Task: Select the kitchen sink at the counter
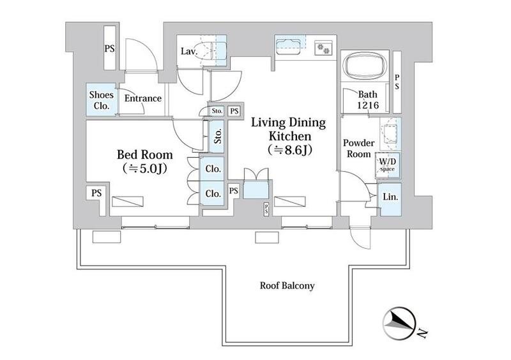pos(288,47)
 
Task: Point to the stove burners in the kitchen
pos(323,49)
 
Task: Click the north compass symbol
pos(400,323)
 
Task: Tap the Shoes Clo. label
pos(102,100)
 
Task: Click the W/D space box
pos(388,165)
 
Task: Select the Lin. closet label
pos(390,197)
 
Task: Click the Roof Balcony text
pos(287,286)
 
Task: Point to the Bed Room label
pos(145,154)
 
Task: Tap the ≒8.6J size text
pos(290,150)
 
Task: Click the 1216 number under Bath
pos(368,105)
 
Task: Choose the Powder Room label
pos(358,148)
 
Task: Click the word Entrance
pos(143,98)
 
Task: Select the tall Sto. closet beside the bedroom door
pos(217,136)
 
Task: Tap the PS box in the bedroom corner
pos(96,193)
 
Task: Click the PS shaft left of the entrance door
pos(110,48)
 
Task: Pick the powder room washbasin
pos(390,133)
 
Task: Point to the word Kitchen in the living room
pos(289,135)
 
